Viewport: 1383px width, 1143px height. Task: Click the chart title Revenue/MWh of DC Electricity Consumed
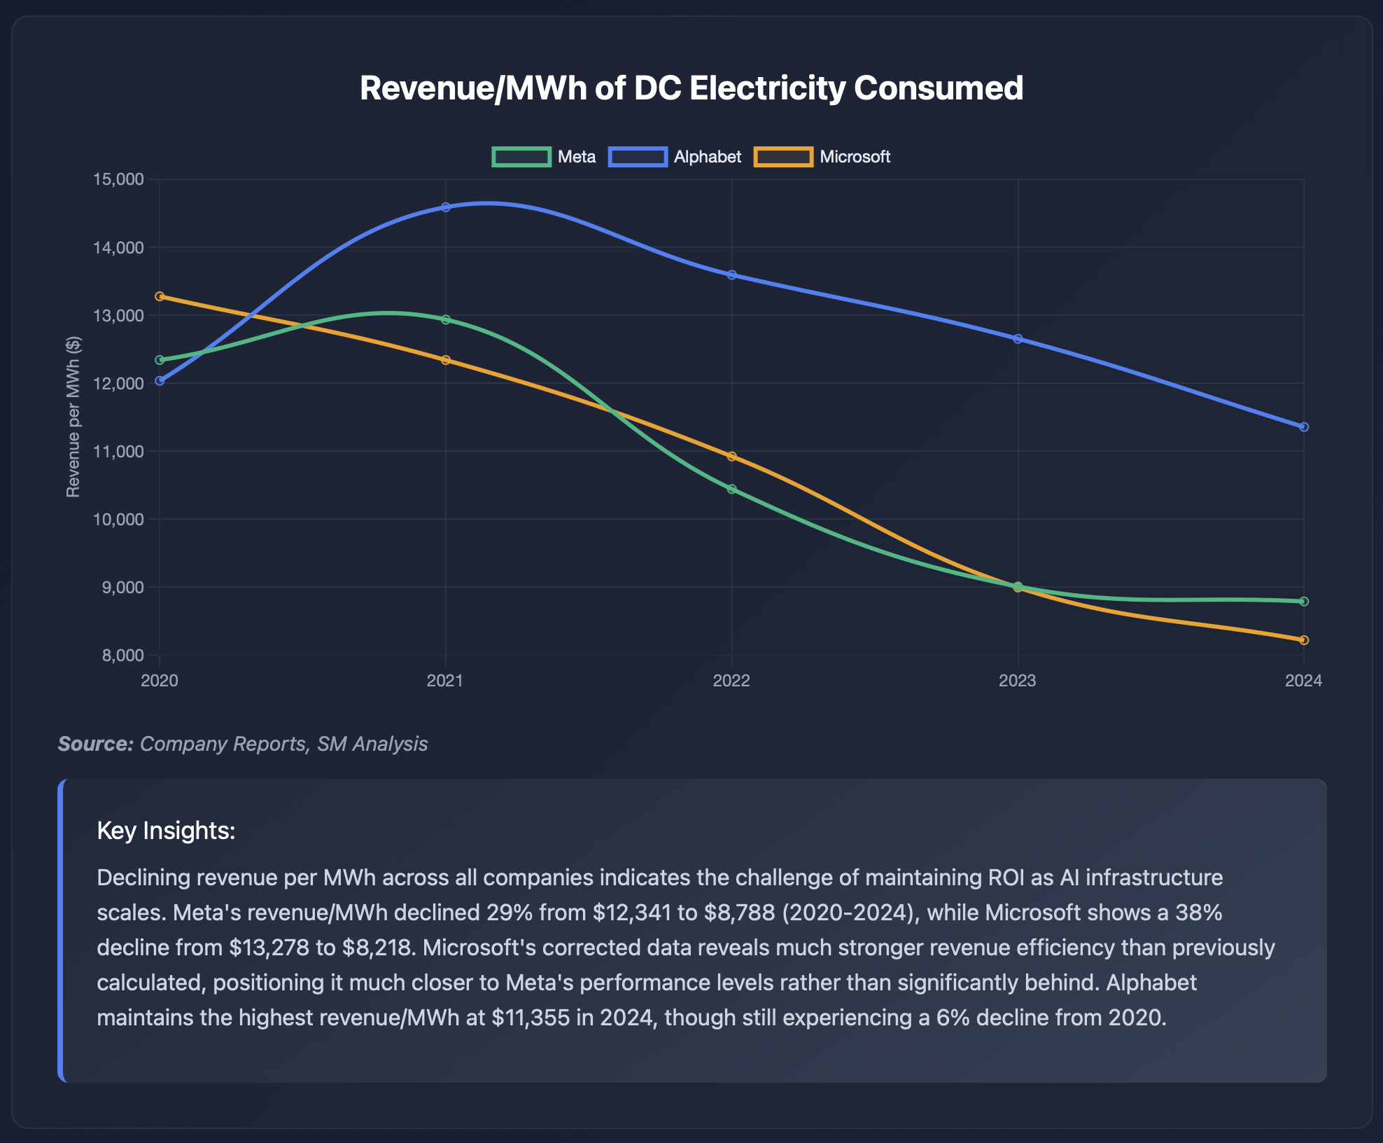pyautogui.click(x=691, y=88)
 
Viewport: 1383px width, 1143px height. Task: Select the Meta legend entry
pyautogui.click(x=544, y=157)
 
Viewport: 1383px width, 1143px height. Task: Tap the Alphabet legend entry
pyautogui.click(x=675, y=157)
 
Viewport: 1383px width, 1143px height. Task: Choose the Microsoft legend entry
pyautogui.click(x=822, y=157)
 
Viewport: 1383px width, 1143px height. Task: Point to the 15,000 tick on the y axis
pyautogui.click(x=118, y=179)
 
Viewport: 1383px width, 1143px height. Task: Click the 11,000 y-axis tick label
pyautogui.click(x=118, y=451)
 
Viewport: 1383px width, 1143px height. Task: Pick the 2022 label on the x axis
pyautogui.click(x=731, y=681)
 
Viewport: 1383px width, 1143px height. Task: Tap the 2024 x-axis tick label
pyautogui.click(x=1303, y=681)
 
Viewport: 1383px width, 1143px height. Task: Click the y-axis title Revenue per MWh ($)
pyautogui.click(x=73, y=417)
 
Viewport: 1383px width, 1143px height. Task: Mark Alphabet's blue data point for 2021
pyautogui.click(x=446, y=207)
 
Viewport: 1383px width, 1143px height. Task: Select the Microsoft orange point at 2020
pyautogui.click(x=160, y=296)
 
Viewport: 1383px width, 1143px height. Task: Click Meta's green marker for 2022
pyautogui.click(x=731, y=489)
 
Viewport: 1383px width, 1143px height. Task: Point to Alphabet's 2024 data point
pyautogui.click(x=1304, y=427)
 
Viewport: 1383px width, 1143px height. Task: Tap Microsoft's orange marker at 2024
pyautogui.click(x=1304, y=640)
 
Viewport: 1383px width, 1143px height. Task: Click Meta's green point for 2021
pyautogui.click(x=446, y=319)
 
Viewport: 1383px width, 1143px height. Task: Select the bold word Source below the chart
pyautogui.click(x=95, y=744)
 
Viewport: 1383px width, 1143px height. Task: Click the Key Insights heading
pyautogui.click(x=166, y=831)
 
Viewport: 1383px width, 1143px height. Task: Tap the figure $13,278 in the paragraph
pyautogui.click(x=269, y=947)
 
